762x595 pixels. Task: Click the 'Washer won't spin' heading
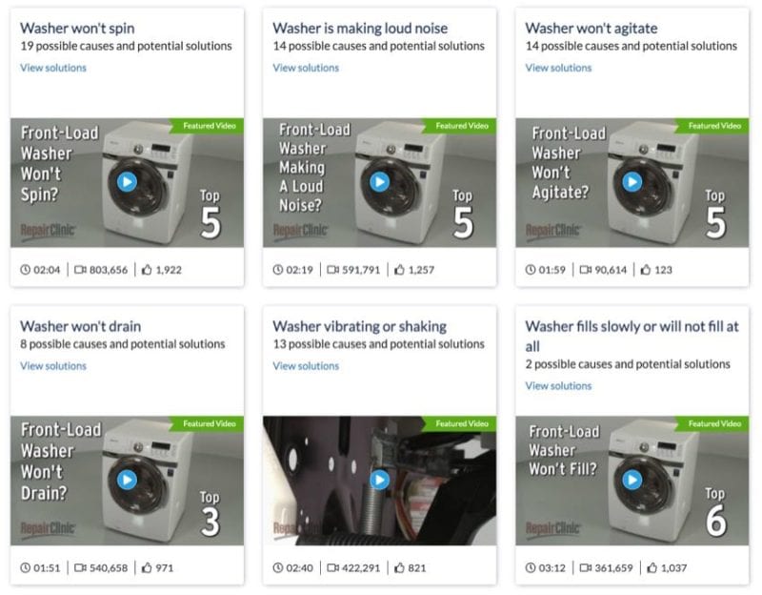coord(77,29)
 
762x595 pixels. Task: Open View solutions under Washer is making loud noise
coord(306,68)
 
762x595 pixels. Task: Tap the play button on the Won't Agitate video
coord(632,182)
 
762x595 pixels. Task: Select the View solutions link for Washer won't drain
coord(53,366)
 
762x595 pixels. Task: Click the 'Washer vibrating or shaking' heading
coord(360,326)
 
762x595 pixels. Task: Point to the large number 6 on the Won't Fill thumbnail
coord(716,520)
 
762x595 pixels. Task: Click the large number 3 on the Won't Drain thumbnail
coord(211,522)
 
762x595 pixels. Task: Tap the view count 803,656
coord(109,270)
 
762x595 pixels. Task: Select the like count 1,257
coord(421,270)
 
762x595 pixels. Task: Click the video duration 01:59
coord(552,270)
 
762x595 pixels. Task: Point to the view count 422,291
coord(361,567)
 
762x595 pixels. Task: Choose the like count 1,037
coord(674,567)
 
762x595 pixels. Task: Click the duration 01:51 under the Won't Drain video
coord(47,567)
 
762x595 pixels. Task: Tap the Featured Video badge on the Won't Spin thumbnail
coord(207,126)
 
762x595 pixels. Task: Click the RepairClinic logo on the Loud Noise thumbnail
coord(301,230)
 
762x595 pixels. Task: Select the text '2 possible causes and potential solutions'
coord(628,364)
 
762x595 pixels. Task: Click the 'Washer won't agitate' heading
coord(592,29)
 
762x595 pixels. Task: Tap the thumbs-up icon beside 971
coord(147,567)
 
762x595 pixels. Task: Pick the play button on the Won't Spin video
coord(127,182)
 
